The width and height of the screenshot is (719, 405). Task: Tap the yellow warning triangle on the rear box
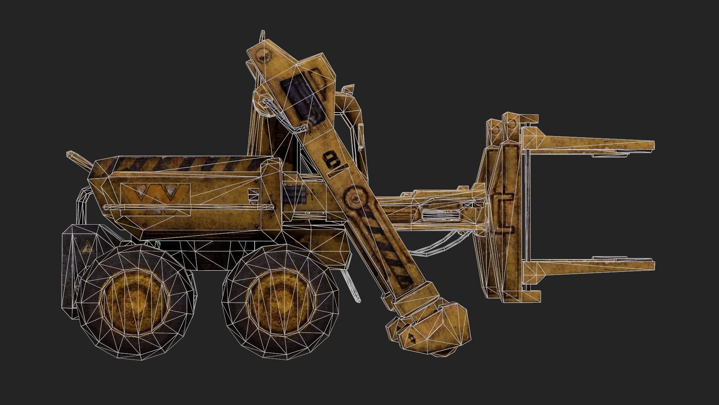(87, 248)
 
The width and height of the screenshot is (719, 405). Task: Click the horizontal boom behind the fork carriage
(431, 210)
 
